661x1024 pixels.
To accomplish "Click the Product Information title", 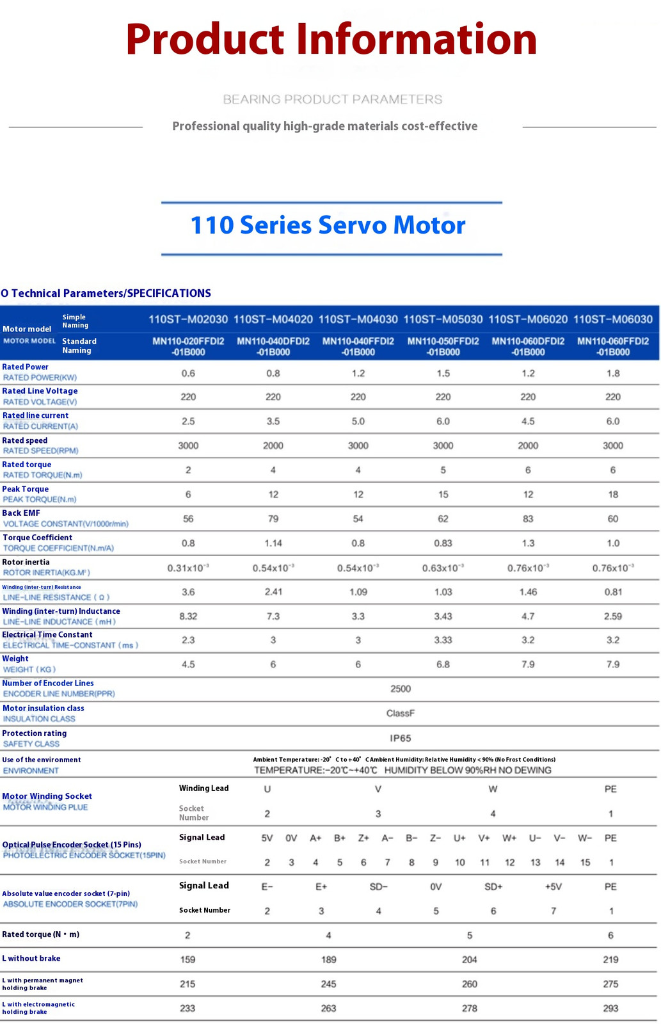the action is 331,39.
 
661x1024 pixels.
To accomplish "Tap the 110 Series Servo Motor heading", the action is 328,225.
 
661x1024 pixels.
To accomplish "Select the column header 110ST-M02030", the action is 188,319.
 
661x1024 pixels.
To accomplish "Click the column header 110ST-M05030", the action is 443,319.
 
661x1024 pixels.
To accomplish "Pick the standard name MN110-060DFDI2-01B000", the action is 528,346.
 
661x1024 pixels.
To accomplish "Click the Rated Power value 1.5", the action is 443,374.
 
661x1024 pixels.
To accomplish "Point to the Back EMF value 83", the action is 528,519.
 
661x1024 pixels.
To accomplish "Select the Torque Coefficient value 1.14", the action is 273,543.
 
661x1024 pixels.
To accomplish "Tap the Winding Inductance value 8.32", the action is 188,616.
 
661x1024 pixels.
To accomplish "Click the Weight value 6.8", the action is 443,664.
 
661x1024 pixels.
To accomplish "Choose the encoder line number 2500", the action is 401,689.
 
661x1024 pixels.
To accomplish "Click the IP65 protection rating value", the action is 401,739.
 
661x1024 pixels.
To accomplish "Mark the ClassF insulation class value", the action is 401,713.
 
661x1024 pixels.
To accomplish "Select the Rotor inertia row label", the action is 26,563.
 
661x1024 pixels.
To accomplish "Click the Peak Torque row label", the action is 25,489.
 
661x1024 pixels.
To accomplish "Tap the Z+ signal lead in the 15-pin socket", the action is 363,838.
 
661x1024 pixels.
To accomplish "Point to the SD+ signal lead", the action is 493,887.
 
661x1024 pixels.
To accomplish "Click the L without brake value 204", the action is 470,959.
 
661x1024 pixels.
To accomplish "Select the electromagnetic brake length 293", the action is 610,1008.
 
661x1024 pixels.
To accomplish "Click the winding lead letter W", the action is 493,789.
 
